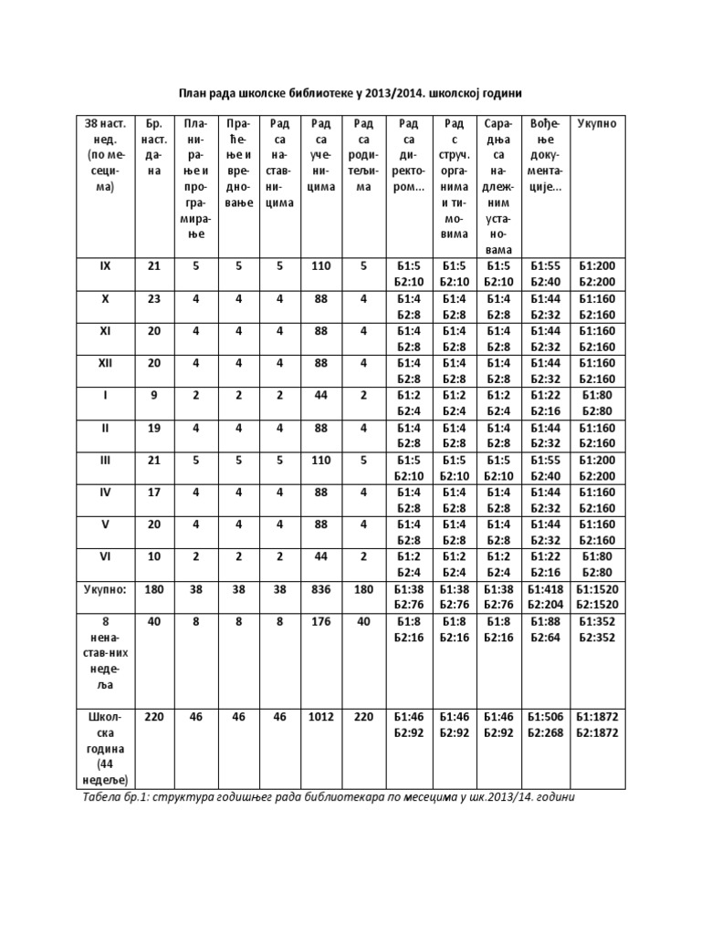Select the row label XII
click(104, 362)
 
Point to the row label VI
click(104, 555)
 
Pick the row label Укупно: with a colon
click(104, 589)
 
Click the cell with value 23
click(152, 298)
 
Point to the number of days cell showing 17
click(152, 491)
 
